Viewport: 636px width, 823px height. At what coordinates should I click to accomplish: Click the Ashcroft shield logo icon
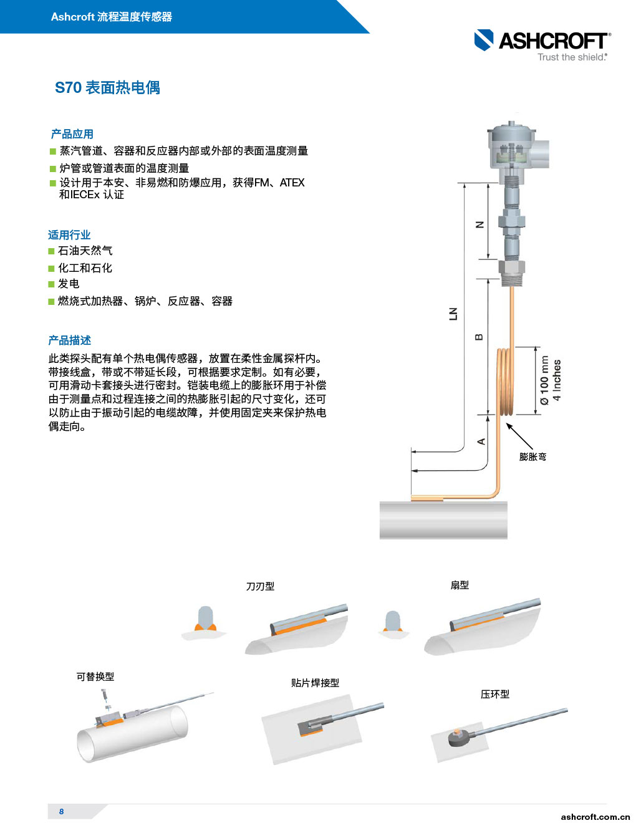[484, 40]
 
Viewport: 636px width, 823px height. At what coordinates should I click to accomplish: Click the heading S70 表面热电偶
[107, 88]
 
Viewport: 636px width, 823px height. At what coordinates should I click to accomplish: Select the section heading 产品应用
[72, 134]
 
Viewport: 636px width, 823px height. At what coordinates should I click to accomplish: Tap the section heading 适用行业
[69, 235]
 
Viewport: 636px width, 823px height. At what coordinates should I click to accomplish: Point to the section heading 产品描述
[70, 340]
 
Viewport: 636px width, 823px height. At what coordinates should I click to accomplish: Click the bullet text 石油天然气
[85, 251]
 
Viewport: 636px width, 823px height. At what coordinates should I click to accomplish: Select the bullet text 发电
[69, 284]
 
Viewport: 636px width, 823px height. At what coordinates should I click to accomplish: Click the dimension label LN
[453, 314]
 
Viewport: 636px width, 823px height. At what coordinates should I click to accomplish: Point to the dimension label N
[479, 225]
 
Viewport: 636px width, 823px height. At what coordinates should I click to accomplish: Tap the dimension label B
[479, 337]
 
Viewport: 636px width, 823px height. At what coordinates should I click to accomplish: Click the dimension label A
[481, 441]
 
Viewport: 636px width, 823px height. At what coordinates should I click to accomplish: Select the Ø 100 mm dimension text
[544, 380]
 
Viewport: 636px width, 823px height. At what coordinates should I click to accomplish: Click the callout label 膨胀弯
[532, 457]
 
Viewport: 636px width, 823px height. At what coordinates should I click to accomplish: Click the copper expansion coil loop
[505, 382]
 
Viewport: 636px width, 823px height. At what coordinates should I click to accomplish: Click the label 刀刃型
[260, 586]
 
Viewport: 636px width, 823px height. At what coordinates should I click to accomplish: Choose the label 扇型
[460, 585]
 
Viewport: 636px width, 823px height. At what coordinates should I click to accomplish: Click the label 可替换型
[95, 676]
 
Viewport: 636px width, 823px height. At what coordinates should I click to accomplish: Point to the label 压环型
[495, 694]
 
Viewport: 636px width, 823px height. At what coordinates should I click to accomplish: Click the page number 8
[62, 811]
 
